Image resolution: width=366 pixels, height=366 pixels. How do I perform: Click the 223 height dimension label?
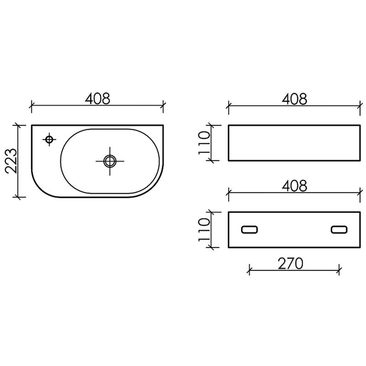(11, 161)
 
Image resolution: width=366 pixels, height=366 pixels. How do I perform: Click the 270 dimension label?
(290, 263)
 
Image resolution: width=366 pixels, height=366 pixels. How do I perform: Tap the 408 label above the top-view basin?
(97, 99)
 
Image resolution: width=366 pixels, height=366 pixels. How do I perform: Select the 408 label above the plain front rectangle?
(294, 99)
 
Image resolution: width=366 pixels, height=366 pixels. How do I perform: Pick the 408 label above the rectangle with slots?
(294, 186)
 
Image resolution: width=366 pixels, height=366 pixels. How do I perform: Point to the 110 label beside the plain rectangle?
(204, 143)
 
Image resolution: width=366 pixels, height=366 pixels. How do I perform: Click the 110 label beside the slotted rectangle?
(204, 230)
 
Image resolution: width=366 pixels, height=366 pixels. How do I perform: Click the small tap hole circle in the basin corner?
(49, 139)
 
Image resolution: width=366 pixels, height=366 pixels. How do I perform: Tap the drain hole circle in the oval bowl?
(110, 161)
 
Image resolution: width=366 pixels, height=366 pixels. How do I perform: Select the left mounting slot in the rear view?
(249, 230)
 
